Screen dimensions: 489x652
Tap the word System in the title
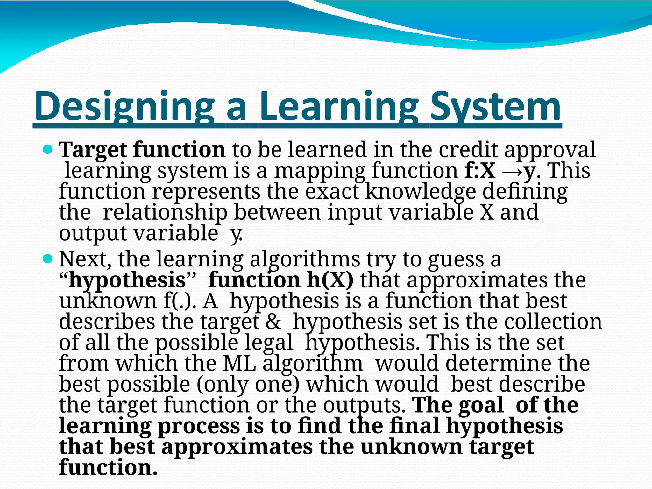(495, 107)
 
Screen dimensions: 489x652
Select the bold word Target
(94, 150)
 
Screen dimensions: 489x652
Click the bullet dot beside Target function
(47, 148)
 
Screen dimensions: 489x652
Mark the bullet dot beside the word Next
(47, 258)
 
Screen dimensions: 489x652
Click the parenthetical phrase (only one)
(248, 384)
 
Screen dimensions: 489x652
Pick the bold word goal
(481, 405)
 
